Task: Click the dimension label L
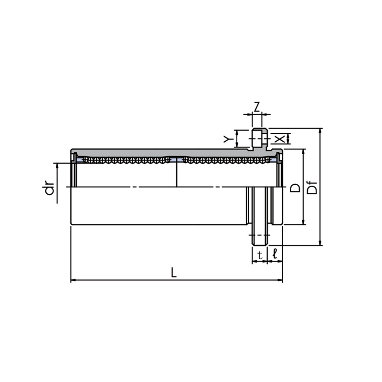coord(173,272)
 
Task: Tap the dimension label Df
coord(312,188)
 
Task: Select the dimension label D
coord(295,188)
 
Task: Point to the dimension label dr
coord(49,188)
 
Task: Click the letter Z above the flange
coord(257,107)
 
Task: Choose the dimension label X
coord(280,139)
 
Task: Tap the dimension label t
coord(260,255)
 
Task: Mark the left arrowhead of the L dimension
coord(73,280)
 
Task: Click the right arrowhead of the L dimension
coord(280,280)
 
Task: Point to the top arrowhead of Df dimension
coord(320,130)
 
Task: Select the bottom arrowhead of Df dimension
coord(320,243)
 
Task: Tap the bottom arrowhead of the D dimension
coord(303,222)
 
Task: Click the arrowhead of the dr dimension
coord(57,166)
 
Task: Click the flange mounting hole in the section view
coord(260,138)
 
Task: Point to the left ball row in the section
coord(127,160)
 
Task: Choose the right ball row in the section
coord(227,160)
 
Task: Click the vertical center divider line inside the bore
coord(177,172)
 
